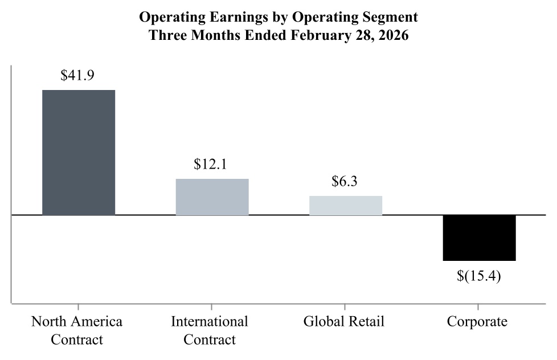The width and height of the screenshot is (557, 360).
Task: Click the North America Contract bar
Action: coord(79,152)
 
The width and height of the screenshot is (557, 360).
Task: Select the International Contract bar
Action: coord(212,197)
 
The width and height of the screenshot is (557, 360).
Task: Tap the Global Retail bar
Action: coord(345,205)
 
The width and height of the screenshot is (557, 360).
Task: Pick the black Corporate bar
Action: coord(479,238)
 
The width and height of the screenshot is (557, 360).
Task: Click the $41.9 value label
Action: coord(77,76)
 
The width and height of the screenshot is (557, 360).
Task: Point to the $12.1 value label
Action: coord(211,165)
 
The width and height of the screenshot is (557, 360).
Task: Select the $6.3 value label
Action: coord(345,182)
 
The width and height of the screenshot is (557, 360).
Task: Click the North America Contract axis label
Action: coord(77,330)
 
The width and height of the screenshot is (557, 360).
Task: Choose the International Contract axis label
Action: coord(210,330)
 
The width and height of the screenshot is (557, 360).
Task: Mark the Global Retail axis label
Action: coord(344,321)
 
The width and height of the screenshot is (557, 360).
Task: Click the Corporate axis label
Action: coord(477,321)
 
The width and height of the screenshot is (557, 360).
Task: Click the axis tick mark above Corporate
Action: coord(479,307)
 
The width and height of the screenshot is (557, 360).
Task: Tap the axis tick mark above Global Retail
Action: coord(345,307)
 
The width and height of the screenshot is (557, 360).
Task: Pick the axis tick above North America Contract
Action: coord(79,307)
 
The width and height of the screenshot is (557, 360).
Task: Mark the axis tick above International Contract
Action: coord(212,307)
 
